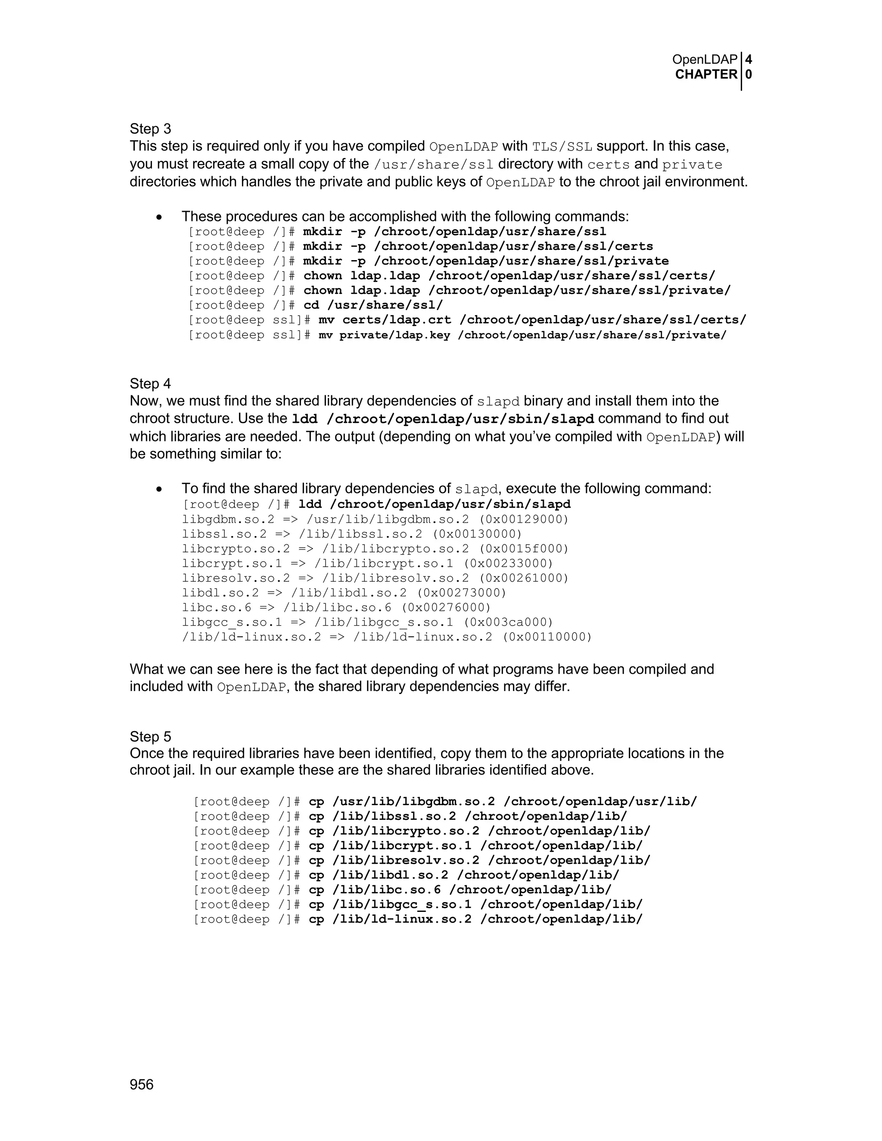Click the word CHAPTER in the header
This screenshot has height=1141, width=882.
[706, 75]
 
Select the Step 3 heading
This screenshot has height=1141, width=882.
[150, 129]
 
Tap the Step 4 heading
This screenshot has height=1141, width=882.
[150, 384]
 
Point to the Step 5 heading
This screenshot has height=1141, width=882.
[150, 737]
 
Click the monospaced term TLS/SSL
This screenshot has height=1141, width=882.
[562, 147]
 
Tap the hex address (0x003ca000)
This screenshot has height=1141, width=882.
[509, 622]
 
